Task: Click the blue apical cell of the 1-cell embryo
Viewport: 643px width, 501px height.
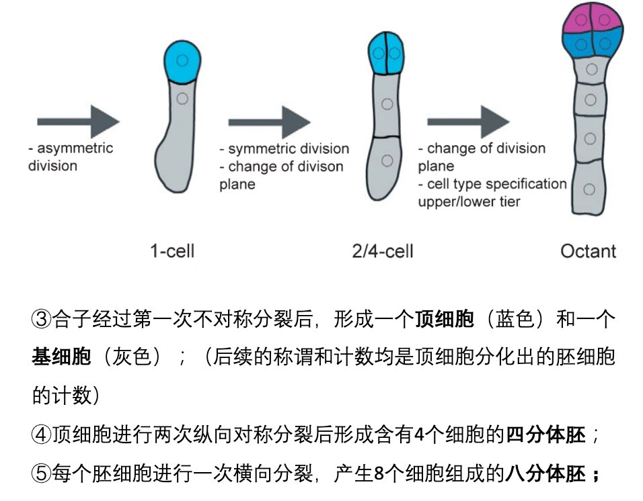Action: tap(183, 60)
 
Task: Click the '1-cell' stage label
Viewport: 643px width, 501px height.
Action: tap(172, 251)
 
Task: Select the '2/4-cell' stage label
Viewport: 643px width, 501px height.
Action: tap(383, 251)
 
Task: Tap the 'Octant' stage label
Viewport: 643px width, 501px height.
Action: tap(588, 251)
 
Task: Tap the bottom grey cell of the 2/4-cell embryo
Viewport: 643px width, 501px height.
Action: tap(385, 165)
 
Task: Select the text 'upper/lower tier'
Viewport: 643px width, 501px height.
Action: tap(469, 201)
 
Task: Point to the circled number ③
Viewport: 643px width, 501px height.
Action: tap(42, 319)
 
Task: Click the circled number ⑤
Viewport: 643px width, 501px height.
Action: tap(42, 474)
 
